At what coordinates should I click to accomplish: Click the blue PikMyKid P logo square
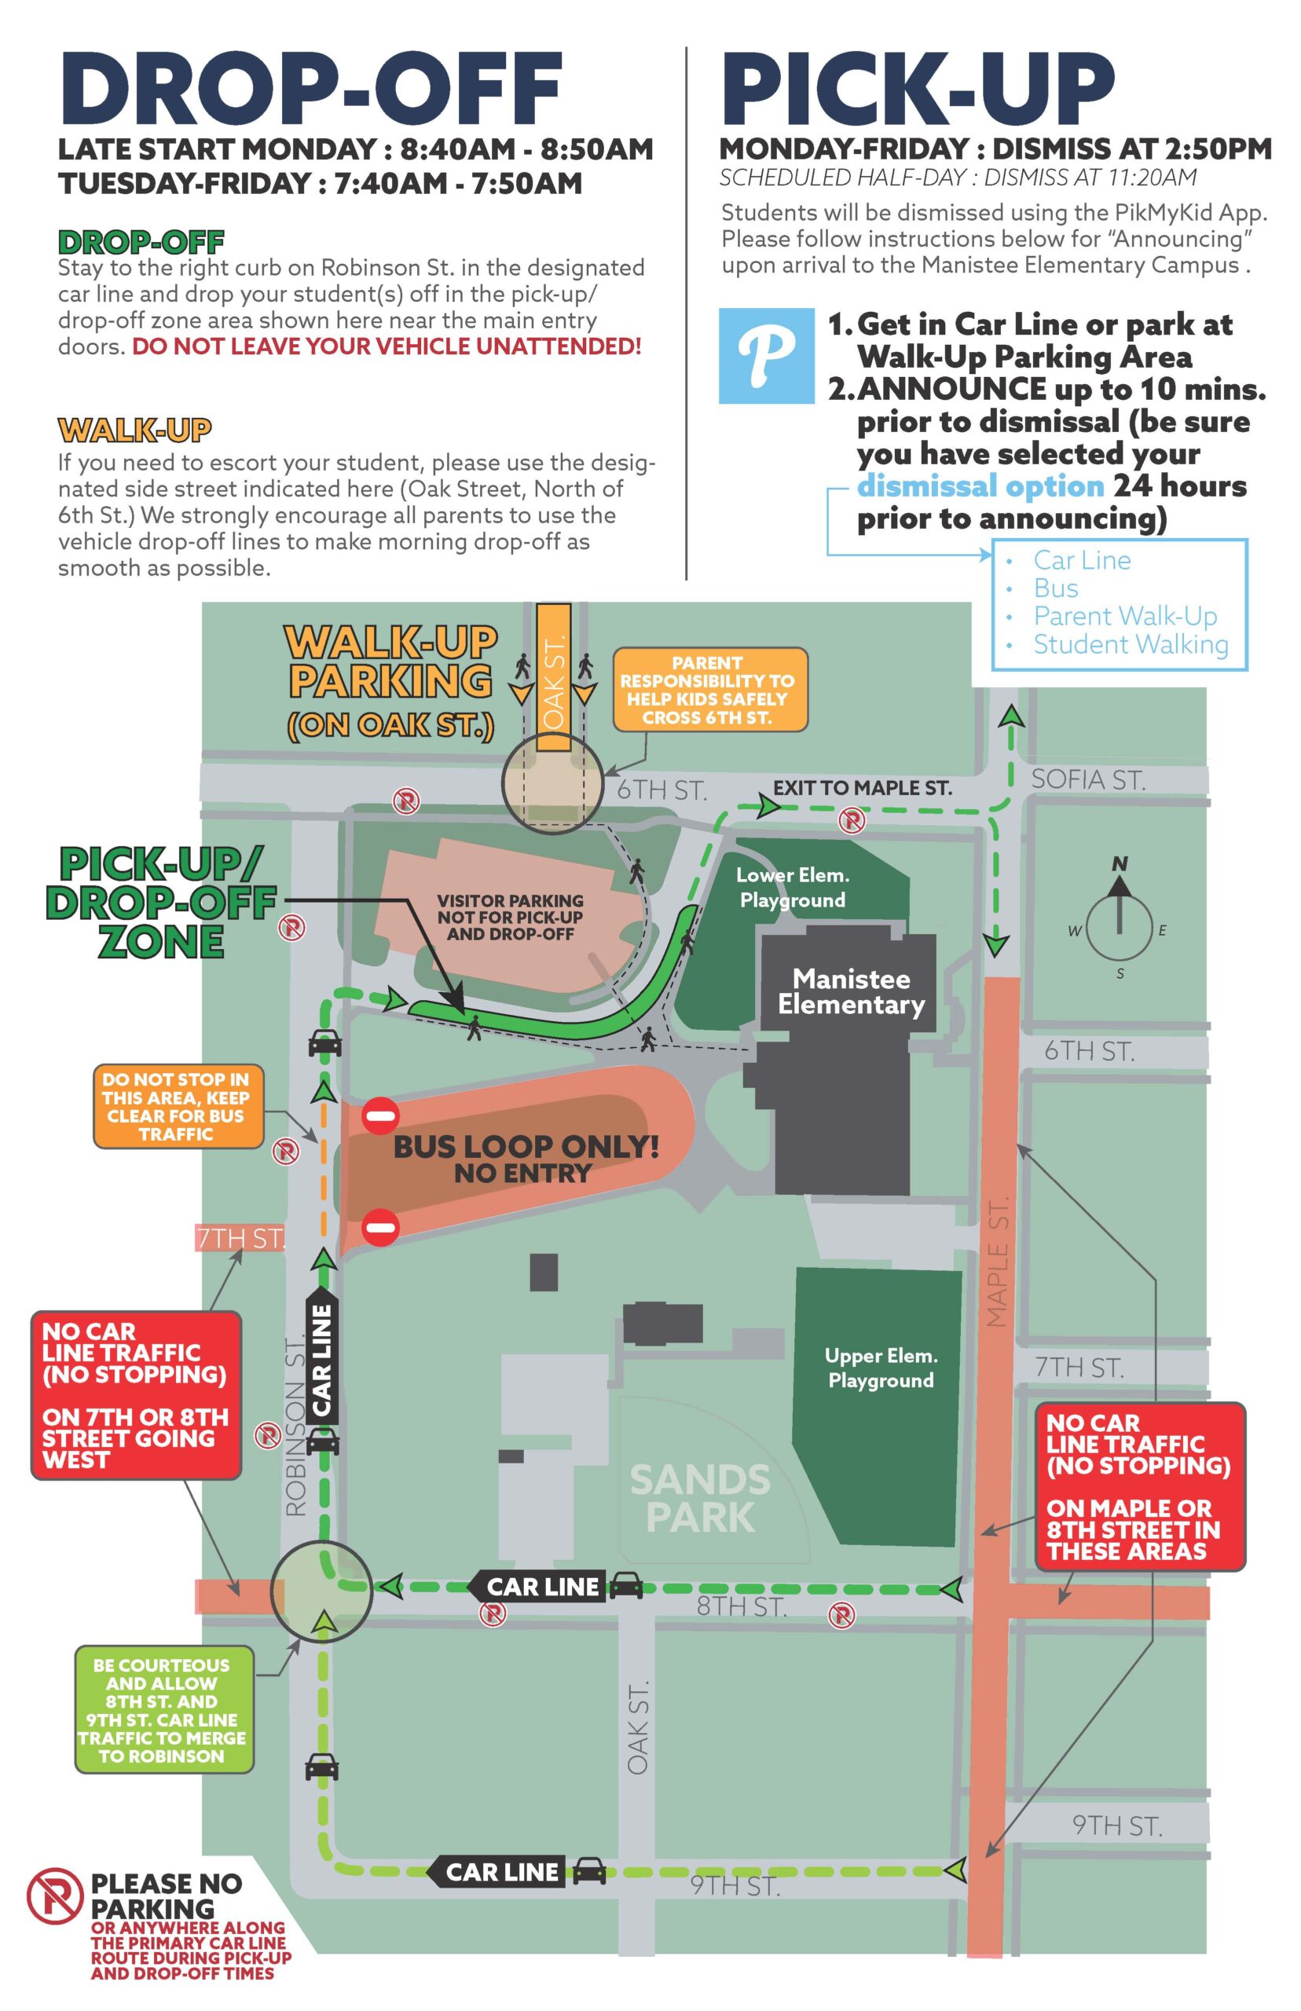pos(766,356)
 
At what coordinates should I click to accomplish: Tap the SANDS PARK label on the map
pos(699,1497)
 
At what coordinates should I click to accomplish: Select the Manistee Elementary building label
pos(851,991)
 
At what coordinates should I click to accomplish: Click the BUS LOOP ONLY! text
pos(526,1146)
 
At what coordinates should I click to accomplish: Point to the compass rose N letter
pos(1120,863)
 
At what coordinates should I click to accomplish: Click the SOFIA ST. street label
pos(1088,779)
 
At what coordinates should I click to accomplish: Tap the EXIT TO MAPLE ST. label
pos(862,788)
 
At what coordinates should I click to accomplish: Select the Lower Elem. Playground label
pos(793,887)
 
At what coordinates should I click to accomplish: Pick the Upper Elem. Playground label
pos(881,1368)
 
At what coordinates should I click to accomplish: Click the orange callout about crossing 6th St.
pos(709,689)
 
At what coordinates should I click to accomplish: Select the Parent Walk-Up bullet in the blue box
pos(1124,616)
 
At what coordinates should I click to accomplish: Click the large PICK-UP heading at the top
pos(918,89)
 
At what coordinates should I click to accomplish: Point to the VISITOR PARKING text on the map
pos(510,917)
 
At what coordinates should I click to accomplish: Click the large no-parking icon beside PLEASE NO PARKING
pos(54,1896)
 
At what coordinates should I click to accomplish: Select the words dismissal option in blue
pos(980,486)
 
